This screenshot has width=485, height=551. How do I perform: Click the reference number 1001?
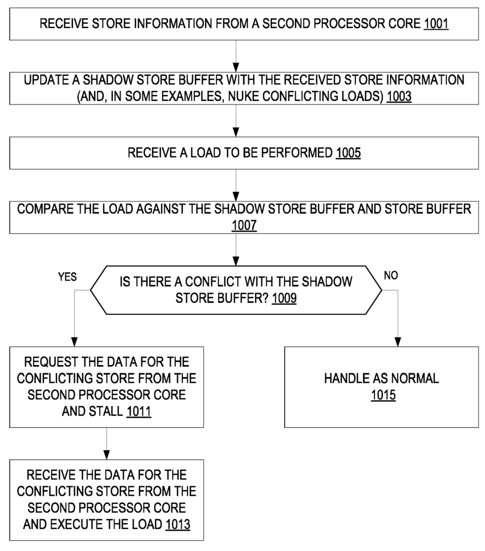point(436,24)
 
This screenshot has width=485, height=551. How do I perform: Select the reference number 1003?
point(399,96)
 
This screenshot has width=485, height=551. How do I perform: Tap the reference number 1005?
point(348,153)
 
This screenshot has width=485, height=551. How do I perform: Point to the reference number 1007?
point(244,226)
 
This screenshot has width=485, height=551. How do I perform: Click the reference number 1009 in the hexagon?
point(284,299)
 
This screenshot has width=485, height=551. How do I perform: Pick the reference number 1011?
point(139,411)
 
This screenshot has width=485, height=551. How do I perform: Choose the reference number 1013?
point(178,524)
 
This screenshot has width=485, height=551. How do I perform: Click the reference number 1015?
point(383,395)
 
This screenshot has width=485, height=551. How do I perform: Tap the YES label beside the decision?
point(67,277)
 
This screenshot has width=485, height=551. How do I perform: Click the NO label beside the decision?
point(391,276)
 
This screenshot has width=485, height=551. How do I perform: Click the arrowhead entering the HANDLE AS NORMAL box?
point(398,342)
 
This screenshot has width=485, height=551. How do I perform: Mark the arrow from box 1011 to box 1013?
point(106,444)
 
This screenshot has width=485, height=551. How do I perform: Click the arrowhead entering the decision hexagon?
point(236,261)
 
